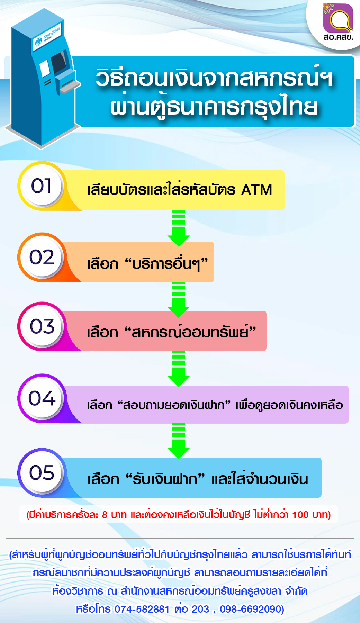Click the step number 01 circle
pos(42,186)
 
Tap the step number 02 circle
pos(42,257)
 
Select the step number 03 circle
pos(42,326)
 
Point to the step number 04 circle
pos(42,398)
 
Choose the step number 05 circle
pos(42,472)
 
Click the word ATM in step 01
pos(256,190)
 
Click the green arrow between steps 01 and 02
pos(179,228)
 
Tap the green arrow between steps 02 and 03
pos(179,299)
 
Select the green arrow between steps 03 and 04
pos(179,369)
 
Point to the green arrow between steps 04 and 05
pos(179,441)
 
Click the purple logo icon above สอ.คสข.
pos(338,18)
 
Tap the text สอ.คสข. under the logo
pos(338,37)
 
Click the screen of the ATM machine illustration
pos(58,63)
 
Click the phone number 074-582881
pos(142,609)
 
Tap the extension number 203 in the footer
pos(201,609)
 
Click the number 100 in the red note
pos(300,515)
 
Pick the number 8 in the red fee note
pos(105,515)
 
